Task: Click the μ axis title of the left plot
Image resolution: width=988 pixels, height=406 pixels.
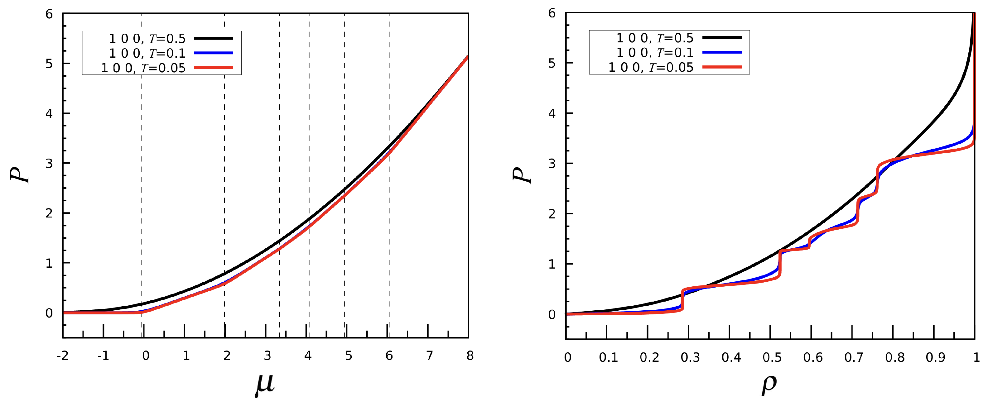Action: click(265, 385)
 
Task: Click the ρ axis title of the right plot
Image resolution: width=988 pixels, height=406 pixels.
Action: click(769, 385)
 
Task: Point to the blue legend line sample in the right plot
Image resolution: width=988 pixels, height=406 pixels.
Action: click(722, 52)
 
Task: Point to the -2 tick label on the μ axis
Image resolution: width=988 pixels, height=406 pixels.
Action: click(63, 356)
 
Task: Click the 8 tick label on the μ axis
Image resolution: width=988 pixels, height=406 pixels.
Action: click(470, 356)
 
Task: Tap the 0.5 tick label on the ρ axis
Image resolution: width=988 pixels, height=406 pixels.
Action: click(772, 357)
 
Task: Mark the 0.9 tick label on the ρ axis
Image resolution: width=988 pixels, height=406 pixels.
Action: click(935, 357)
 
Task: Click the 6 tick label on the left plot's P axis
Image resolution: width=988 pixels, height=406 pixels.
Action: click(49, 14)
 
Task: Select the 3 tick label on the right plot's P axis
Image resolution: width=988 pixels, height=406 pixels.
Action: click(552, 164)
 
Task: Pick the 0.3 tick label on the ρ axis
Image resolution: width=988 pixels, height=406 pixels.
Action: click(690, 357)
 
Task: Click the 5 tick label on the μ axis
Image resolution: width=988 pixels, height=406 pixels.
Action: click(348, 356)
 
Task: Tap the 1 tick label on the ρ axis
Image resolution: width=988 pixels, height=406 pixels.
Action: click(976, 357)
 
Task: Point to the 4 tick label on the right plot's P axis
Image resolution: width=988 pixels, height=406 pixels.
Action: click(552, 113)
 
